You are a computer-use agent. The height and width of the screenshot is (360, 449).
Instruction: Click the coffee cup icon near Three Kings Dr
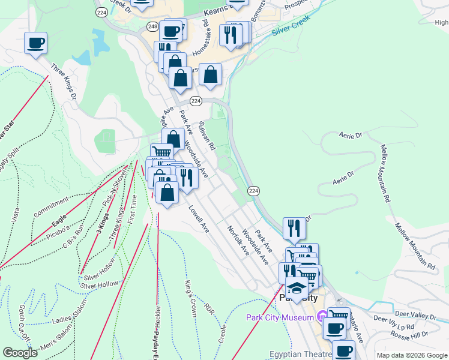point(36,43)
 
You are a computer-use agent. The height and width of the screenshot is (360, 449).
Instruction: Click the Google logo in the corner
point(20,353)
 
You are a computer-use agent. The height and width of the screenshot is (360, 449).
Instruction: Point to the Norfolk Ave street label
point(238,241)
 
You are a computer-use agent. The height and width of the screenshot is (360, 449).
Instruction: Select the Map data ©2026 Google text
point(412,355)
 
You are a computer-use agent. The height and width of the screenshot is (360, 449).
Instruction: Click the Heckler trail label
point(158,315)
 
